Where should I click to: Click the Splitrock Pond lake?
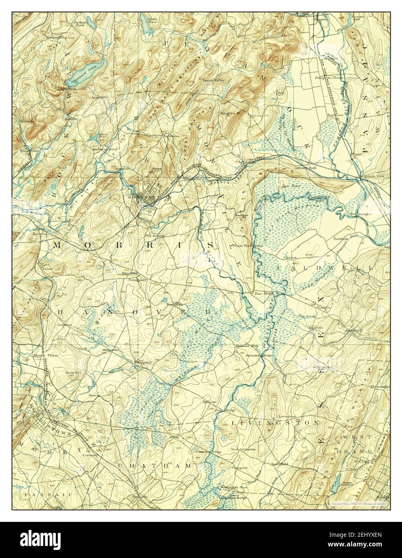coord(89,71)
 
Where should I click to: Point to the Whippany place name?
coord(143,362)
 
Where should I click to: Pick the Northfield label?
coord(279,464)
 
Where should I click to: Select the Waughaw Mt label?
coord(229,113)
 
